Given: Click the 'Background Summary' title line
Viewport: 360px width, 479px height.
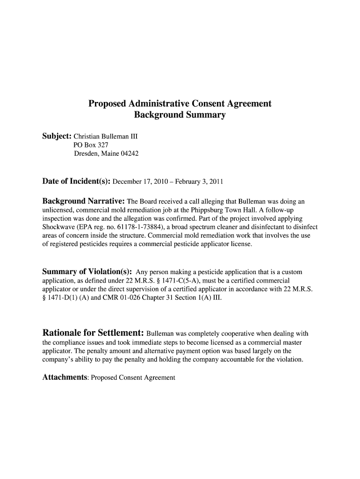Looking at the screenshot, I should click(x=180, y=115).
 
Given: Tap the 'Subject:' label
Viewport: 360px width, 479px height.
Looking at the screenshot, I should click(x=57, y=137).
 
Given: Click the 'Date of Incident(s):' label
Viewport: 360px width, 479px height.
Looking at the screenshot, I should click(x=77, y=181).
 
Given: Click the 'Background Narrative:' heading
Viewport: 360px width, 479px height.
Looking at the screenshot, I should click(x=83, y=202).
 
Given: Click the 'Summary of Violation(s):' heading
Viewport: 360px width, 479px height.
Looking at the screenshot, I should click(x=87, y=272).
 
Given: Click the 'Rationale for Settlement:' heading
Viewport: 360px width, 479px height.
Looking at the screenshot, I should click(x=93, y=334).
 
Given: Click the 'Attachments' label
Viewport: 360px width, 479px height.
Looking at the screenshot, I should click(x=65, y=377).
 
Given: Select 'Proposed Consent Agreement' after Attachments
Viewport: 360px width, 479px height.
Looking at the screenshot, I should click(x=133, y=377).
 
